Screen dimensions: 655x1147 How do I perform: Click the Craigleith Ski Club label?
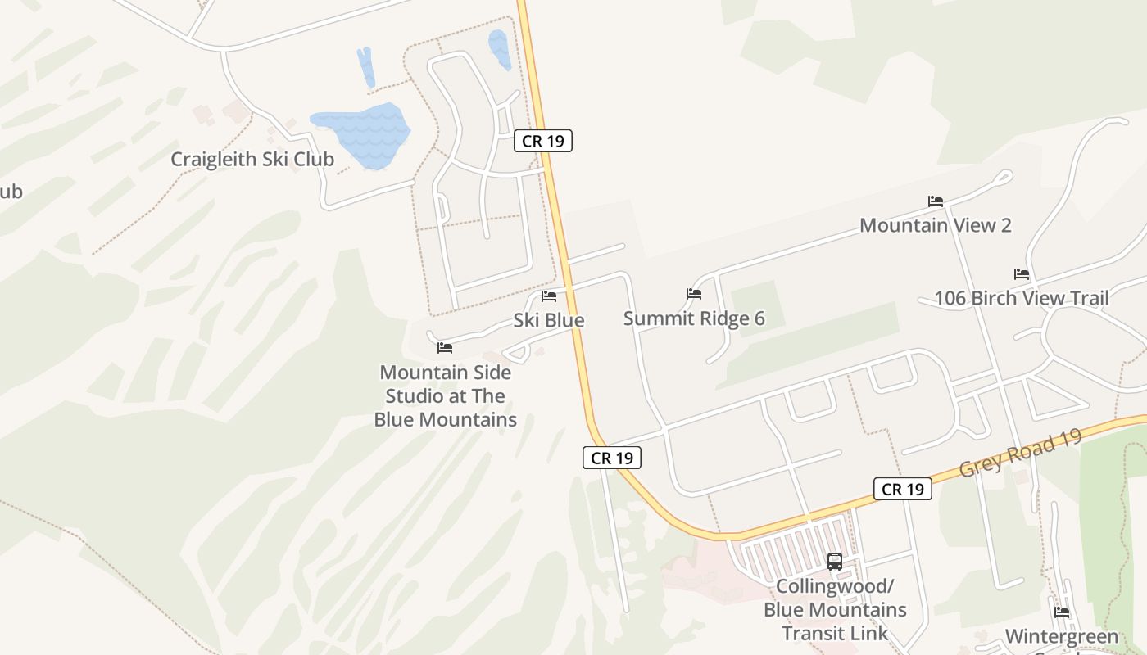pyautogui.click(x=252, y=159)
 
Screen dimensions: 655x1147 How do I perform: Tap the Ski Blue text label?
pyautogui.click(x=549, y=320)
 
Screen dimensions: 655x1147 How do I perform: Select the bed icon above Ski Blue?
pyautogui.click(x=549, y=296)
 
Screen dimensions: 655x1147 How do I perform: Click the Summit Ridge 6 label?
pyautogui.click(x=694, y=318)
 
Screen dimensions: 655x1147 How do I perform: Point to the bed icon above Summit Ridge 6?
pyautogui.click(x=694, y=293)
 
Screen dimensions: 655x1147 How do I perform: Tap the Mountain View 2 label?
pyautogui.click(x=936, y=225)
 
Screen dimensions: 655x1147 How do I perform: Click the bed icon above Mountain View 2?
pyautogui.click(x=936, y=201)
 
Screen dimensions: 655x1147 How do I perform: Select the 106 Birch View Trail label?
pyautogui.click(x=1022, y=298)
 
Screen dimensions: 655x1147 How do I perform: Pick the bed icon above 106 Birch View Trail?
pyautogui.click(x=1022, y=273)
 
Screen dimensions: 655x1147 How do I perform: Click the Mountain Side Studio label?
pyautogui.click(x=446, y=396)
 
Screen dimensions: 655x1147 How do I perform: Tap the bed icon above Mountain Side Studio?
pyautogui.click(x=445, y=348)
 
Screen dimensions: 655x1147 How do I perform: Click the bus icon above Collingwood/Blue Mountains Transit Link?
pyautogui.click(x=835, y=562)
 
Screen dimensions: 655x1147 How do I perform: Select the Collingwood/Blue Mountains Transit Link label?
pyautogui.click(x=835, y=610)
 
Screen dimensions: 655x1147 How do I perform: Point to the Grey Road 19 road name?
pyautogui.click(x=1020, y=452)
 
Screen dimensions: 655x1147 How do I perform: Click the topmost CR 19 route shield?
pyautogui.click(x=542, y=141)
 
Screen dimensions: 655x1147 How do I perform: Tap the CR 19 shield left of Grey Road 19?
pyautogui.click(x=903, y=490)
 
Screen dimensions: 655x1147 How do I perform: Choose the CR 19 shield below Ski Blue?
pyautogui.click(x=612, y=458)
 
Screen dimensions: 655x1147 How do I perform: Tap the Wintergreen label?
pyautogui.click(x=1062, y=637)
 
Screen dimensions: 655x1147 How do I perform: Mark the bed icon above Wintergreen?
pyautogui.click(x=1062, y=612)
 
